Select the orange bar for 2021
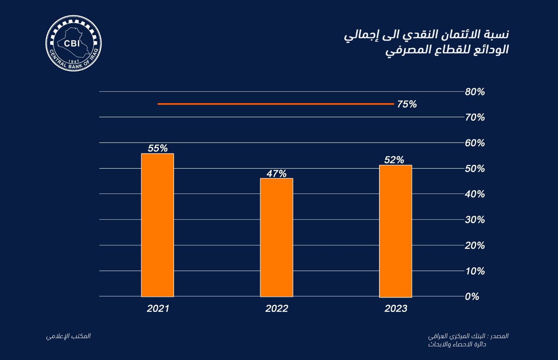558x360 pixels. (157, 225)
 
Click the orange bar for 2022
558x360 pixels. (277, 237)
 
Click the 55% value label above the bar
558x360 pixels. (158, 148)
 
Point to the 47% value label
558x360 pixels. (277, 173)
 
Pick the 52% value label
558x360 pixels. (394, 160)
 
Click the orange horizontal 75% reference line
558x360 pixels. (276, 104)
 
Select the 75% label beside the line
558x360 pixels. (407, 104)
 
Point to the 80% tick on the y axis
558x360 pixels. (475, 92)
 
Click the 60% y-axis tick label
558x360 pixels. (475, 143)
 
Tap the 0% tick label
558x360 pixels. (472, 297)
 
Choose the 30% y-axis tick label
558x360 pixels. (475, 220)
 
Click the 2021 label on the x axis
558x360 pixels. (158, 308)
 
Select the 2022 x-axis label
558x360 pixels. (277, 308)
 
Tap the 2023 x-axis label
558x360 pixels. (396, 308)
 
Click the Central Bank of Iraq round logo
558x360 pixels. (73, 43)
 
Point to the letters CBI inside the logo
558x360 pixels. (72, 44)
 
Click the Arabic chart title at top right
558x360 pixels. (426, 42)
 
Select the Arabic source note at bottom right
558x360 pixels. (468, 340)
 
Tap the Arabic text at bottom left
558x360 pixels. (68, 336)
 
